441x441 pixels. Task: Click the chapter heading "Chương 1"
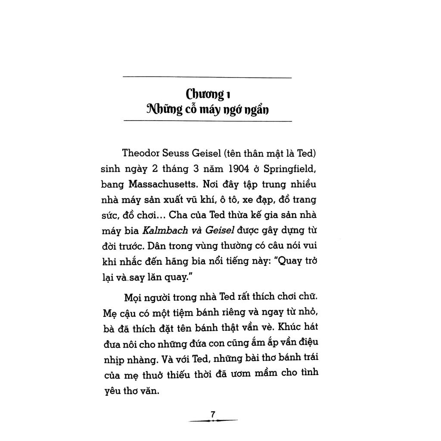[207, 93]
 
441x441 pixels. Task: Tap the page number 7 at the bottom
[213, 414]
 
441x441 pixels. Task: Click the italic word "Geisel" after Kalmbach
[220, 230]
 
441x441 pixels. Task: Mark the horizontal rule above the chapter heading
[207, 77]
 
